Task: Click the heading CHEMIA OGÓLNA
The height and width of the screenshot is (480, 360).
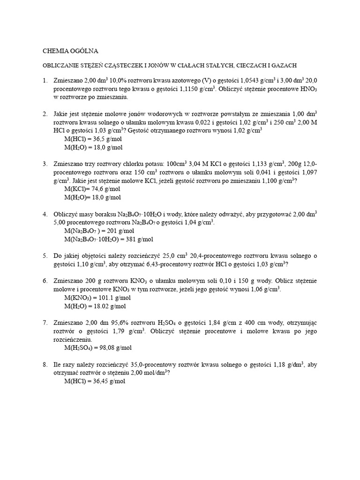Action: (x=71, y=51)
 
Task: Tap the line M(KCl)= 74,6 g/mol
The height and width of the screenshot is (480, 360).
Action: (x=92, y=189)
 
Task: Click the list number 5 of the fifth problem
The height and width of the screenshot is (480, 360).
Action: (x=45, y=256)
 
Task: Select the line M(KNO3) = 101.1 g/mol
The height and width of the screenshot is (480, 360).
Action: (x=96, y=298)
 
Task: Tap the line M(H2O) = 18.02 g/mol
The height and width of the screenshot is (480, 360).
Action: (x=95, y=306)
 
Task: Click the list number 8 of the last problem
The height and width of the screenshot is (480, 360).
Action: (x=45, y=365)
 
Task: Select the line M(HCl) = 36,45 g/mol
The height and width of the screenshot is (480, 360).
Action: (x=94, y=381)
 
